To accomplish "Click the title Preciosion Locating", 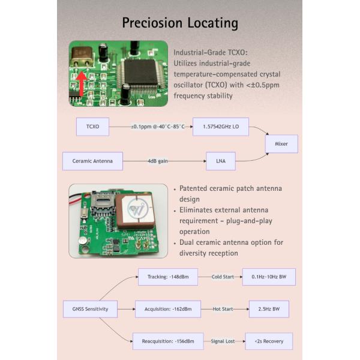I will point(180,23).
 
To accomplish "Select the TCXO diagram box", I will point(92,127).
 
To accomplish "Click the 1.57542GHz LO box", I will point(220,127).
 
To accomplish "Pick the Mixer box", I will point(281,144).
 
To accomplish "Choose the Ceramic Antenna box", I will point(92,161).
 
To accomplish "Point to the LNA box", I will point(220,161).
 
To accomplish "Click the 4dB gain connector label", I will point(157,161).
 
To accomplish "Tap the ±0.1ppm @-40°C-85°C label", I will point(158,127).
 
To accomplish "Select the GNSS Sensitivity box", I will point(86,309).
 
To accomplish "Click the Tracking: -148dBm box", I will point(167,277).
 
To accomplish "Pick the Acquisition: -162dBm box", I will point(167,309).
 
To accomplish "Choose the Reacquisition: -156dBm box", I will point(167,341).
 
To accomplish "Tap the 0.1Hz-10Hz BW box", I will point(269,277).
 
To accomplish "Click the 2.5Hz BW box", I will point(269,309).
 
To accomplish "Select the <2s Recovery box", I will point(269,341).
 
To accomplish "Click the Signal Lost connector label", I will point(225,341).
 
